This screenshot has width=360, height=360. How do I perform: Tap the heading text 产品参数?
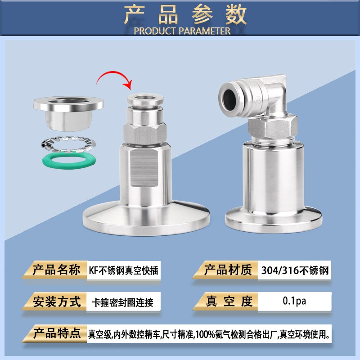coord(186,15)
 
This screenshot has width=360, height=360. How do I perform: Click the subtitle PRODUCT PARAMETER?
coord(182,31)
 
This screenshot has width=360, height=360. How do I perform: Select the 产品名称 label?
coord(57,270)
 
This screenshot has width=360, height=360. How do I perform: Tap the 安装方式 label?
coord(57,301)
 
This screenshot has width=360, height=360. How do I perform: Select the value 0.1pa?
coord(294,301)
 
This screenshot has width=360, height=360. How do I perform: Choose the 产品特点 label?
coord(57,333)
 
